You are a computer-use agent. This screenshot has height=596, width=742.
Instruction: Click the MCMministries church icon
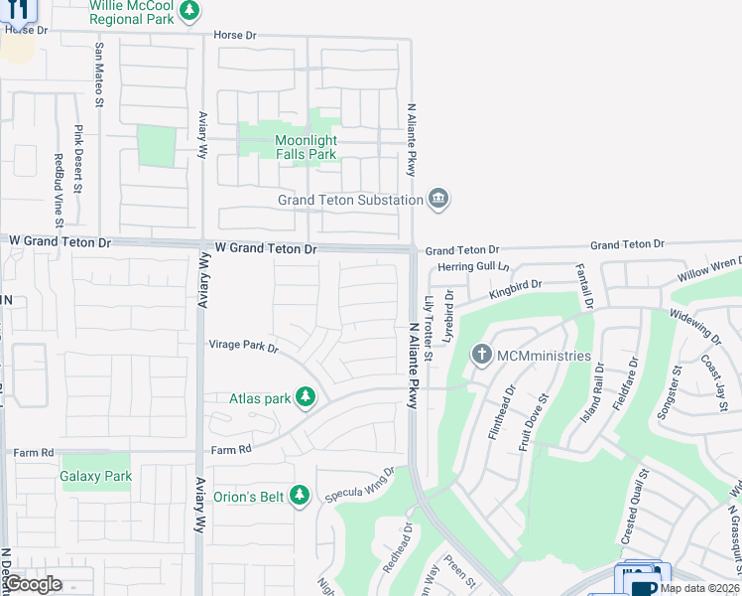[x=481, y=355]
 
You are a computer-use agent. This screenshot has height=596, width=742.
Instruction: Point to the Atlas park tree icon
[x=307, y=398]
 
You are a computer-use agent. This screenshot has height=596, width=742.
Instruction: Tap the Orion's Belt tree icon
[x=304, y=496]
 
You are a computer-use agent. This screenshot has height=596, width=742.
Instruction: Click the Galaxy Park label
[x=96, y=477]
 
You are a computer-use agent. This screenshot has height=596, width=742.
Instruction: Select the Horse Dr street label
[x=234, y=36]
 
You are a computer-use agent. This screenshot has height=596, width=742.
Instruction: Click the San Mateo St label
[x=99, y=74]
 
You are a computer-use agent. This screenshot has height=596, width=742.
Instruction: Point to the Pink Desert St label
[x=78, y=155]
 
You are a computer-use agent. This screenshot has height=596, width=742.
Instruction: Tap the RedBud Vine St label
[x=59, y=185]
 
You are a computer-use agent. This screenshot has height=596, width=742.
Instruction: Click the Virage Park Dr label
[x=243, y=347]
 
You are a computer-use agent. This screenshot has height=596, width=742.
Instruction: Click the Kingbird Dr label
[x=515, y=288]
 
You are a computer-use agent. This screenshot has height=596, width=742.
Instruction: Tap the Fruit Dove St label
[x=534, y=424]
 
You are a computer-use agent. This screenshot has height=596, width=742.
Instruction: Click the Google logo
[x=32, y=584]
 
